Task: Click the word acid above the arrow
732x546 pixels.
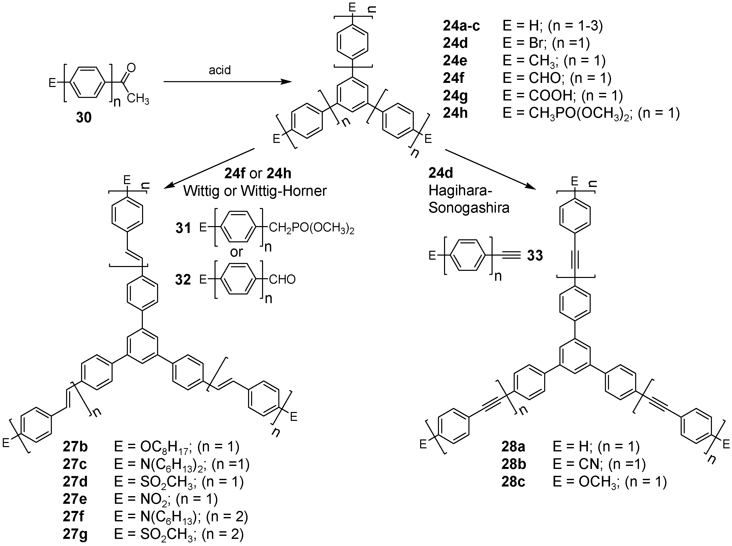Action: [219, 70]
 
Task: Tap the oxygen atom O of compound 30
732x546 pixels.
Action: [131, 68]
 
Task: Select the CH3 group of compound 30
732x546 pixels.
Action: [138, 98]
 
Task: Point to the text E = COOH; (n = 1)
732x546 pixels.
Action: [562, 96]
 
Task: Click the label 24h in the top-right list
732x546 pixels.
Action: [455, 113]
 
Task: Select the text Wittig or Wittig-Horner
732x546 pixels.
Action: [255, 191]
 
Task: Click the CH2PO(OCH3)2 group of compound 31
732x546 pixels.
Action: [312, 228]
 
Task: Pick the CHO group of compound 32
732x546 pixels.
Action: [282, 279]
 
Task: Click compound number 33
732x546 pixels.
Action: [535, 256]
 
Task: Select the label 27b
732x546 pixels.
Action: [75, 447]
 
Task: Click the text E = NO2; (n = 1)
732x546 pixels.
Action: [166, 499]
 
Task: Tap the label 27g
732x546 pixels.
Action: [75, 535]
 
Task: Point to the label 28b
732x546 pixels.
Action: [514, 464]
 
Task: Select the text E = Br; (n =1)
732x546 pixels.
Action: [546, 43]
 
